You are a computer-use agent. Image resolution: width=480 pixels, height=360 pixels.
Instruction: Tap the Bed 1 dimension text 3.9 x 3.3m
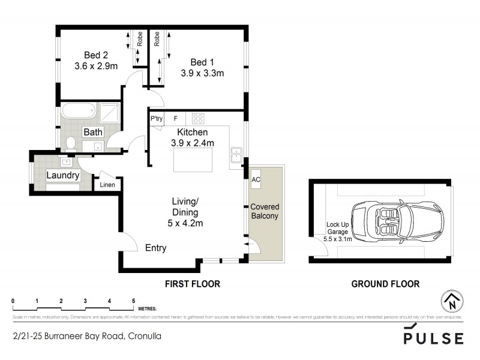(x=202, y=74)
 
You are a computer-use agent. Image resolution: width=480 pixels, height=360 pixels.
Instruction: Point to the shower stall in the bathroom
(x=110, y=112)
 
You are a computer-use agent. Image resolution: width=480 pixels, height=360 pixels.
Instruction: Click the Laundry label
(x=63, y=175)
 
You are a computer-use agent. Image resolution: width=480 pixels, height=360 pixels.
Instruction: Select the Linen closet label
(x=108, y=185)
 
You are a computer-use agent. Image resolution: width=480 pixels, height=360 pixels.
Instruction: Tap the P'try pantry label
(x=157, y=119)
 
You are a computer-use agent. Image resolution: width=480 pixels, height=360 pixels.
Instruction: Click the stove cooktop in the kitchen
(x=199, y=118)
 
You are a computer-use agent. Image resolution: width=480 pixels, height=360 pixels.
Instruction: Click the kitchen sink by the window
(x=236, y=154)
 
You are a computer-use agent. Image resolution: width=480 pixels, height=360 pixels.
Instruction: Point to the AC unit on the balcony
(x=256, y=179)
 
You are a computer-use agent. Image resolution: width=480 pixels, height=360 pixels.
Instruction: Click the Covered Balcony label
(x=264, y=211)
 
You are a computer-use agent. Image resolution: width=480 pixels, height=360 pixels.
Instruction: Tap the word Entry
(x=155, y=248)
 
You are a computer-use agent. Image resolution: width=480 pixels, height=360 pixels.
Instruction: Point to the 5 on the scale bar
(x=134, y=301)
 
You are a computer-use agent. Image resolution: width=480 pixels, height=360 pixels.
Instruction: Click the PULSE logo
(x=433, y=337)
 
